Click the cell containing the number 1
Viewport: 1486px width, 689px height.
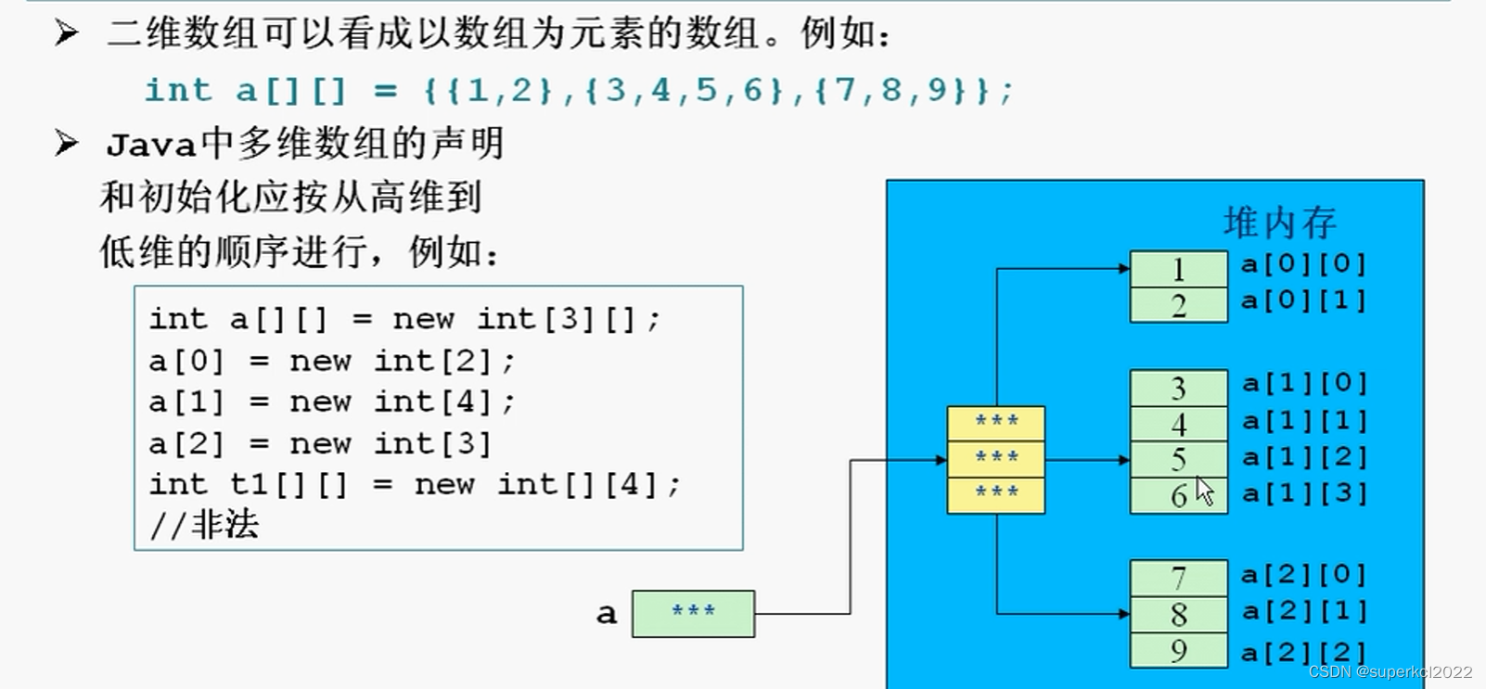[x=1178, y=269]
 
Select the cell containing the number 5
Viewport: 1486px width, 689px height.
[x=1178, y=459]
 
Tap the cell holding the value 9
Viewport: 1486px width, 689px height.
[x=1178, y=650]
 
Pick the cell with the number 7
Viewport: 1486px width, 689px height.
[x=1178, y=578]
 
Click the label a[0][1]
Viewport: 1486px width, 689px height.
[x=1303, y=300]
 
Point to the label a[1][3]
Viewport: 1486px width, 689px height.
[x=1303, y=493]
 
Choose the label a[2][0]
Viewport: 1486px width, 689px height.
[x=1303, y=575]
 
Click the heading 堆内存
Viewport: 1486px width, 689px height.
[x=1279, y=223]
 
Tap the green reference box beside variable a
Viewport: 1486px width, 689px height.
[x=693, y=613]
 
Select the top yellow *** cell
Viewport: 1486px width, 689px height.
[x=996, y=423]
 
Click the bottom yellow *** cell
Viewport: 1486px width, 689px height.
[x=996, y=494]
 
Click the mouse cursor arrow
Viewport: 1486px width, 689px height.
[x=1204, y=491]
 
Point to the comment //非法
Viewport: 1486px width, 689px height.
[x=204, y=526]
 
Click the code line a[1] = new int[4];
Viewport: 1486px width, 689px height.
[x=331, y=402]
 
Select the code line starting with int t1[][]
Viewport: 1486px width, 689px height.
[x=414, y=484]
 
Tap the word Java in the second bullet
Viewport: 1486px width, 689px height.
[x=151, y=145]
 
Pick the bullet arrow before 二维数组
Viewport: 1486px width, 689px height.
[x=66, y=33]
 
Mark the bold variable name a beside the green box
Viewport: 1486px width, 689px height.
[x=607, y=613]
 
